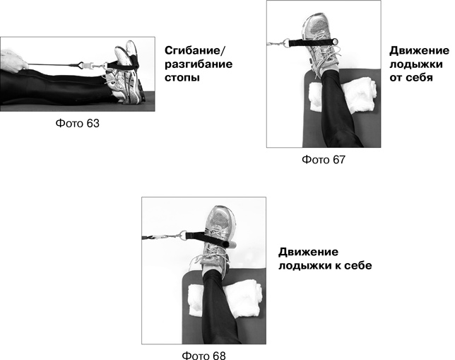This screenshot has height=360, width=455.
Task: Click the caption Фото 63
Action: [77, 123]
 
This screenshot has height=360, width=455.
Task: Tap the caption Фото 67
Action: [324, 160]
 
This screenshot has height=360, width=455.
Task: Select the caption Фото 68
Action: [203, 355]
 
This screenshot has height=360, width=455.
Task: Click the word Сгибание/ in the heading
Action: [195, 51]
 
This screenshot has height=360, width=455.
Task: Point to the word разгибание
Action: [199, 64]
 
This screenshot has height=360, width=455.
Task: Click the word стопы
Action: [182, 78]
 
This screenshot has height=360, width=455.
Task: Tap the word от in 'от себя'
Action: [396, 78]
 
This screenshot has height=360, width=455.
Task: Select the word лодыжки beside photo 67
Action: [416, 64]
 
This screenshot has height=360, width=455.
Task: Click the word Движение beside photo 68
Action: [308, 252]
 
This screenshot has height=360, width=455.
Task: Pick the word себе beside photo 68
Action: [358, 265]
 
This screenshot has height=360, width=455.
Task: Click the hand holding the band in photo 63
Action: [13, 61]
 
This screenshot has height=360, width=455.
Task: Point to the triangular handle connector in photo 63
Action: [77, 65]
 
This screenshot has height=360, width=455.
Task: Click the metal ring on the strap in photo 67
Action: [286, 43]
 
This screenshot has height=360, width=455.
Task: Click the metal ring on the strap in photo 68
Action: [183, 235]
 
